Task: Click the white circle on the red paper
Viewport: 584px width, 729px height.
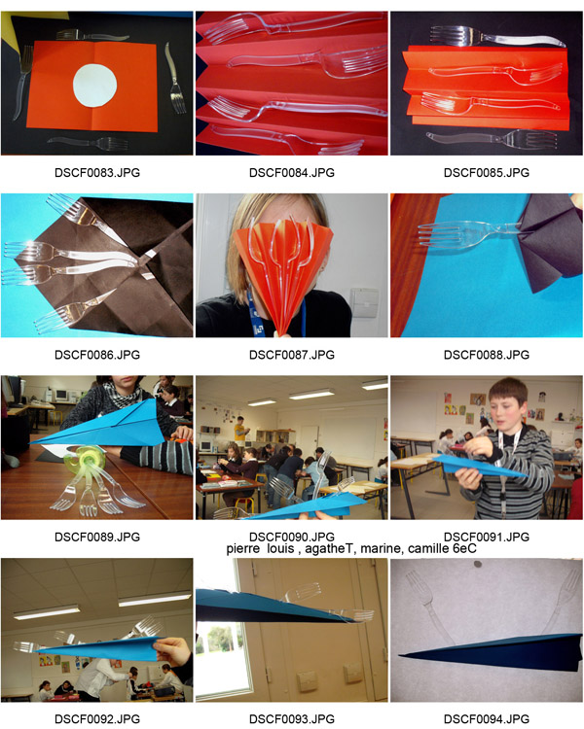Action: [94, 86]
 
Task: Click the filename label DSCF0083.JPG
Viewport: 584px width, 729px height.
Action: [97, 173]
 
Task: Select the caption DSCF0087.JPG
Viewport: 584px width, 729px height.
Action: [292, 355]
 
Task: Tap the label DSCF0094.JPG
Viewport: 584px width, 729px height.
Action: [487, 719]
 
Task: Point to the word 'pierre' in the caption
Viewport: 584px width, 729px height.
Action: [242, 549]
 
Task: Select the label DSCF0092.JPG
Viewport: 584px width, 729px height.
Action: [97, 719]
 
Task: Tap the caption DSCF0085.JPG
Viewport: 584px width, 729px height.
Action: [487, 173]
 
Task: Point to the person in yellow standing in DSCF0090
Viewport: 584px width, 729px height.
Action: [239, 429]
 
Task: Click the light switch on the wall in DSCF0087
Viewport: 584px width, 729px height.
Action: [364, 302]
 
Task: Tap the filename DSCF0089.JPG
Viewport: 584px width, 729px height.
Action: [97, 537]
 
